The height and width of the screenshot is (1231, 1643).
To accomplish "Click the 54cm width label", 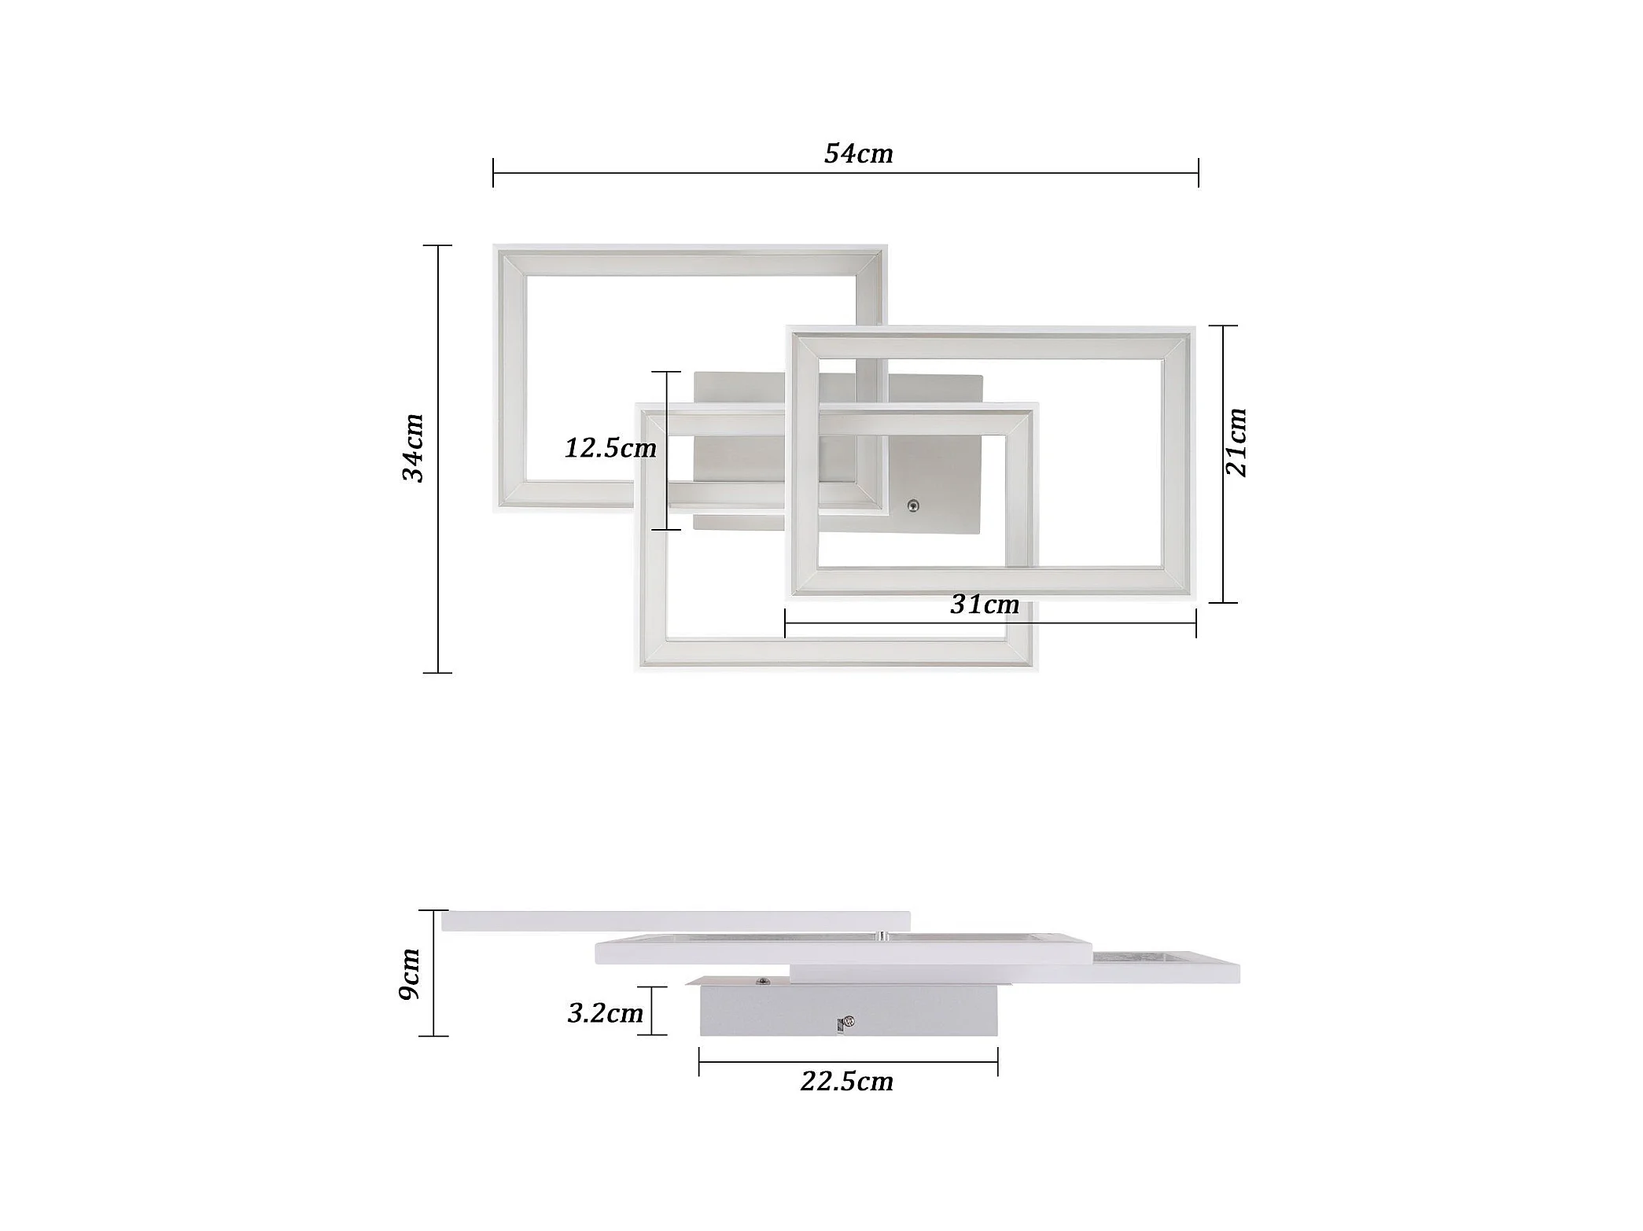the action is tap(858, 153).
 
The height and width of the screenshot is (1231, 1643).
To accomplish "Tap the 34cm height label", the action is tap(413, 447).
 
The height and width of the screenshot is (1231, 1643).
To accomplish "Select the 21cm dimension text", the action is tap(1236, 442).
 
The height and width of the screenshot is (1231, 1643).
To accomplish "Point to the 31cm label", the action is tap(985, 604).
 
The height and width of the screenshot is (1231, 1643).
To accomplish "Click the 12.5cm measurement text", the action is tap(610, 448).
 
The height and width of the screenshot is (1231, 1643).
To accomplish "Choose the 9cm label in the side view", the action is tap(410, 973).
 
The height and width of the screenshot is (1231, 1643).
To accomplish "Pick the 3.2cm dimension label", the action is tap(606, 1012).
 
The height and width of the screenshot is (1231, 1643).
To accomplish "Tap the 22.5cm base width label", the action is tap(847, 1082).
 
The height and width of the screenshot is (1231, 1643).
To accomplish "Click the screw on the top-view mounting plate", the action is tap(913, 505).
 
